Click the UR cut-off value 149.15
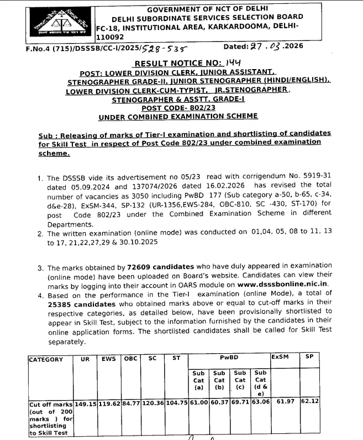pyautogui.click(x=86, y=405)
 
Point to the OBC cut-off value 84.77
pyautogui.click(x=130, y=405)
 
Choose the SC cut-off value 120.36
pyautogui.click(x=153, y=405)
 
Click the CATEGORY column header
pyautogui.click(x=46, y=359)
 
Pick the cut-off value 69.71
pyautogui.click(x=240, y=405)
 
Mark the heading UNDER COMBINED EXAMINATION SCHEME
pyautogui.click(x=178, y=117)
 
